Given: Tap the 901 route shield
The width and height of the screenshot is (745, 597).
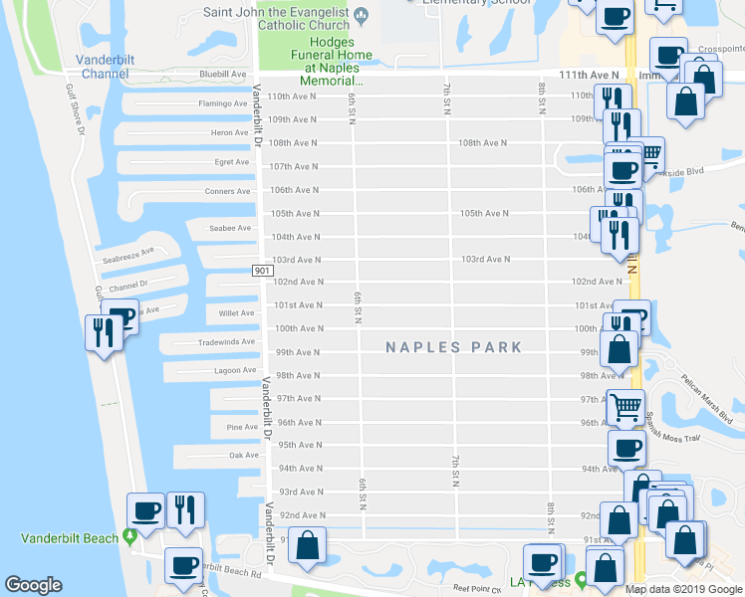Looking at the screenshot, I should click(x=260, y=271).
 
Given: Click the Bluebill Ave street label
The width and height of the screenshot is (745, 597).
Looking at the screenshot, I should click(x=223, y=74).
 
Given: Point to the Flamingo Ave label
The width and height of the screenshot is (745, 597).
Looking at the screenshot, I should click(x=221, y=102).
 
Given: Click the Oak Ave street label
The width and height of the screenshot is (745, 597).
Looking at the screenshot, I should click(x=243, y=455).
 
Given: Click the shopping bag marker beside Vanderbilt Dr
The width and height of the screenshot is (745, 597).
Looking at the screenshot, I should click(x=308, y=545).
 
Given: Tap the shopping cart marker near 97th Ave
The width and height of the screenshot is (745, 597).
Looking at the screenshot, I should click(x=625, y=406).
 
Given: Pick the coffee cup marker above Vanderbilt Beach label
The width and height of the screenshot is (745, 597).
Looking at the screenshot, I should click(x=145, y=511).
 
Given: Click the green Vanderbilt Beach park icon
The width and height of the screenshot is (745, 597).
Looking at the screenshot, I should click(x=128, y=537).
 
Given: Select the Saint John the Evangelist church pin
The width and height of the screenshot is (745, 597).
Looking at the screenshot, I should click(x=362, y=13).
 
